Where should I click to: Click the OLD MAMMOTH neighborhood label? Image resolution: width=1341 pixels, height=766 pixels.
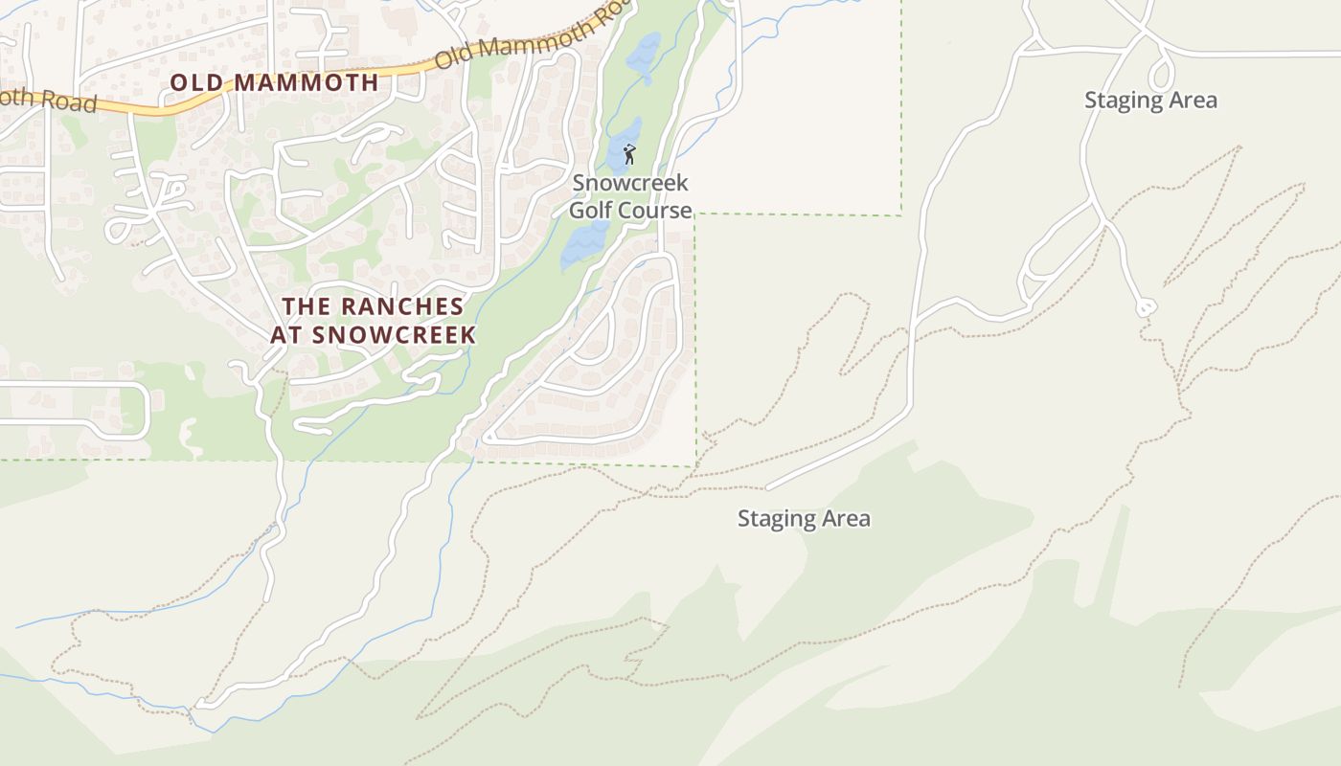tap(274, 82)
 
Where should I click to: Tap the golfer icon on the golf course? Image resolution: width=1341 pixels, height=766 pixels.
tap(629, 154)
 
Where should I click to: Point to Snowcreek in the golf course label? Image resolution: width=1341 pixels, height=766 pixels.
tap(630, 182)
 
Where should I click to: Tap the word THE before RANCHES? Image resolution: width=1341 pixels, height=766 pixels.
tap(305, 307)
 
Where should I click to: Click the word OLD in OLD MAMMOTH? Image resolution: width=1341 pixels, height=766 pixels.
tap(197, 82)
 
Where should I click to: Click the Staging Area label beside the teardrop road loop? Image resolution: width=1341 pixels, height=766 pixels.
tap(1150, 100)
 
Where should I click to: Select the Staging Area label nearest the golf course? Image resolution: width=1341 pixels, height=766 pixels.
tap(804, 518)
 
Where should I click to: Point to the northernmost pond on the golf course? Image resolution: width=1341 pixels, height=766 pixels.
tap(644, 53)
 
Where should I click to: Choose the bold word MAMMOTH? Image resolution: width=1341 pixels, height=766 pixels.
tap(307, 82)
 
